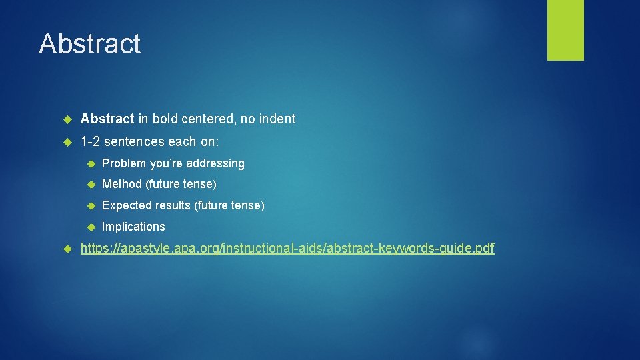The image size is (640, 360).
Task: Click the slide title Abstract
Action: (89, 44)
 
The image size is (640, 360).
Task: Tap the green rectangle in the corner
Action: (565, 30)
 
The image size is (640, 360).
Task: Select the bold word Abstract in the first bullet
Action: (107, 119)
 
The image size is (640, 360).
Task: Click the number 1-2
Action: (91, 141)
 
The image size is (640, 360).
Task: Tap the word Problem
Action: (123, 163)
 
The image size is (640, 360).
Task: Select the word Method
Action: (122, 184)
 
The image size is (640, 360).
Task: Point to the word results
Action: (172, 205)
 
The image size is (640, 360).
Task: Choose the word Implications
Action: (133, 227)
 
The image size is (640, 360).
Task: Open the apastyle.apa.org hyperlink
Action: (287, 249)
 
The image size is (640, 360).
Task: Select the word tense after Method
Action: (199, 184)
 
